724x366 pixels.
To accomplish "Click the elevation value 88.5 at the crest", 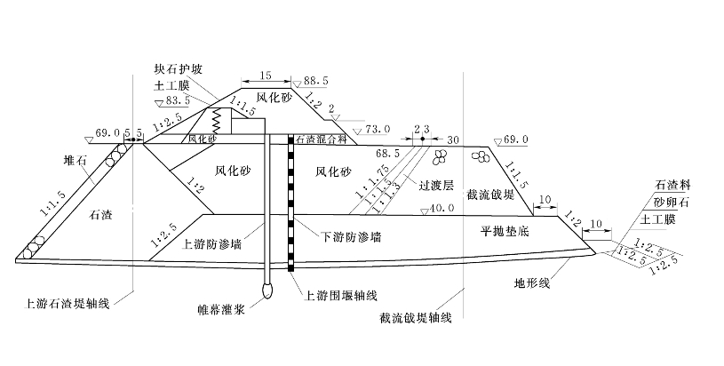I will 318,81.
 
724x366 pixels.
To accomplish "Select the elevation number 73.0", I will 377,130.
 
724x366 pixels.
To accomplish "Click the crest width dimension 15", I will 265,77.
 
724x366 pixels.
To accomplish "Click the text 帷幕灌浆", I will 218,310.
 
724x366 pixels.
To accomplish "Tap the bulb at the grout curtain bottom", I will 267,290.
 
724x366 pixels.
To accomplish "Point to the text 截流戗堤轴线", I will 415,317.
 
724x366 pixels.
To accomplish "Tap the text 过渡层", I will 436,186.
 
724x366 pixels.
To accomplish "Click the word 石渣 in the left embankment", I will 104,213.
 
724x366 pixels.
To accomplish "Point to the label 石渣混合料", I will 321,139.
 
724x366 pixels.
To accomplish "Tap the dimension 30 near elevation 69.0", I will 454,139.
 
